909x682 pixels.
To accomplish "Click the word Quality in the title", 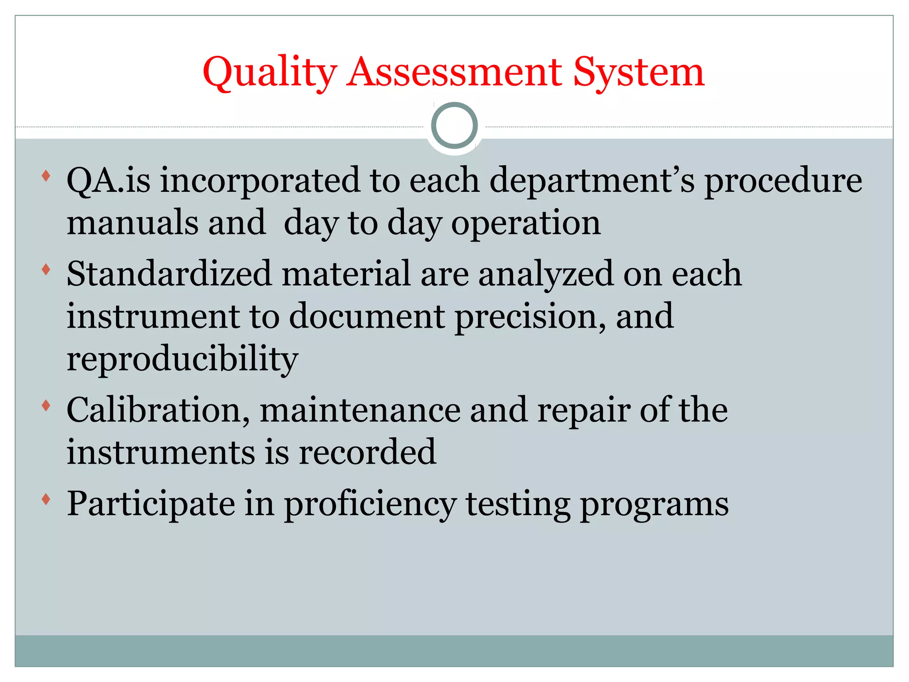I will pyautogui.click(x=269, y=72).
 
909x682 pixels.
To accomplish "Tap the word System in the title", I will pyautogui.click(x=638, y=72).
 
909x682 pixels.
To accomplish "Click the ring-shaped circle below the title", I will pyautogui.click(x=454, y=126).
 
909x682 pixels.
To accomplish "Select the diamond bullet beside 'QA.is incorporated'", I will pyautogui.click(x=46, y=176).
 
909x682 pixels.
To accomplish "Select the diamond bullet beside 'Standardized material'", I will pyautogui.click(x=46, y=269).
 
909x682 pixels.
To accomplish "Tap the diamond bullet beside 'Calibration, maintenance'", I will pyautogui.click(x=46, y=405).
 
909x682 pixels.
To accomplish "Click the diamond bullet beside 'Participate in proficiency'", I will pyautogui.click(x=46, y=499).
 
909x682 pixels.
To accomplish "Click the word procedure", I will pyautogui.click(x=783, y=181).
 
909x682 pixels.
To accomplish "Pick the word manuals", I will pyautogui.click(x=132, y=222).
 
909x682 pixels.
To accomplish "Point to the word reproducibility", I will pyautogui.click(x=182, y=359).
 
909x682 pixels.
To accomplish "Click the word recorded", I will pyautogui.click(x=368, y=452).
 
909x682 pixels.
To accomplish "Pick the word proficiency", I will pyautogui.click(x=370, y=505).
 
